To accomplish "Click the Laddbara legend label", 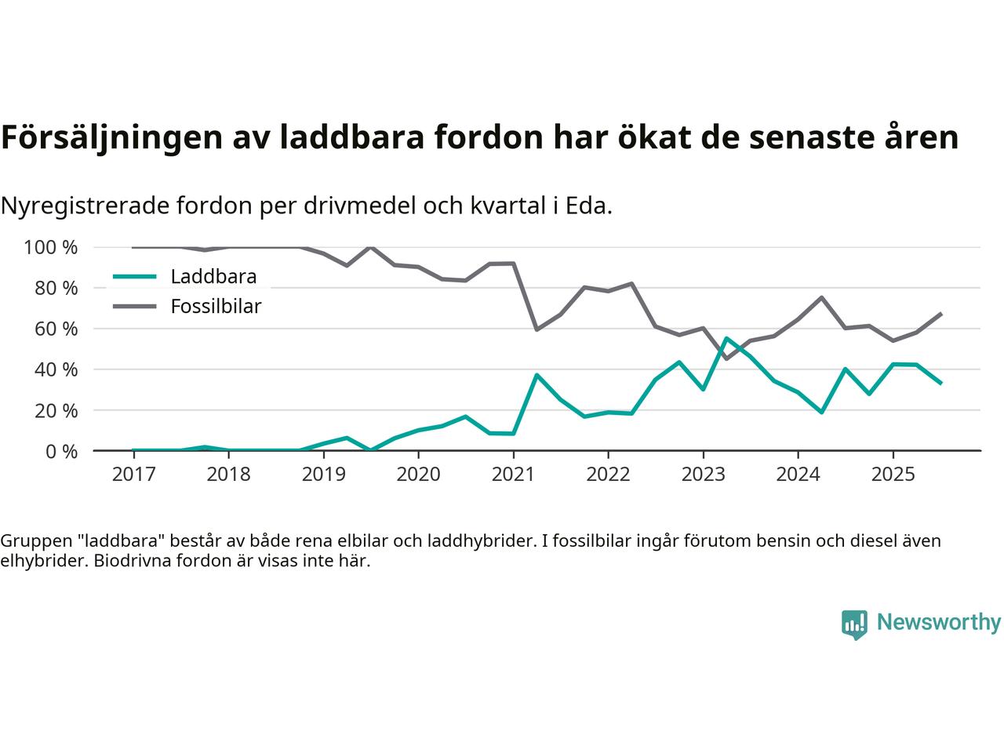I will (x=213, y=276).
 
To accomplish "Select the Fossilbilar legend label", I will (x=216, y=306).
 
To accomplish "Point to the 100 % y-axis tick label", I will (x=51, y=247).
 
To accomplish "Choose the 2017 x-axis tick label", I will (x=133, y=475).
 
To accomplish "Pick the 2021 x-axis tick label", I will (x=513, y=475).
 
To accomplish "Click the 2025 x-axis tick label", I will (x=893, y=475).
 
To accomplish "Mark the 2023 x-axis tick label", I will (x=703, y=475).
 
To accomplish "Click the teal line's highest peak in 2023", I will (x=726, y=338).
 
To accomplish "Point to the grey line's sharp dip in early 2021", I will (x=537, y=329).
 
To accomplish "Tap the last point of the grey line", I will (x=940, y=314).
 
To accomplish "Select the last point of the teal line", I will (x=940, y=383).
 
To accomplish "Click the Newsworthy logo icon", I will (x=854, y=624).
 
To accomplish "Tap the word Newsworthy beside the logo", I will (x=938, y=623).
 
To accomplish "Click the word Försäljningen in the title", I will (x=110, y=137).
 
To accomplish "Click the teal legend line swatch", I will (x=135, y=276).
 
